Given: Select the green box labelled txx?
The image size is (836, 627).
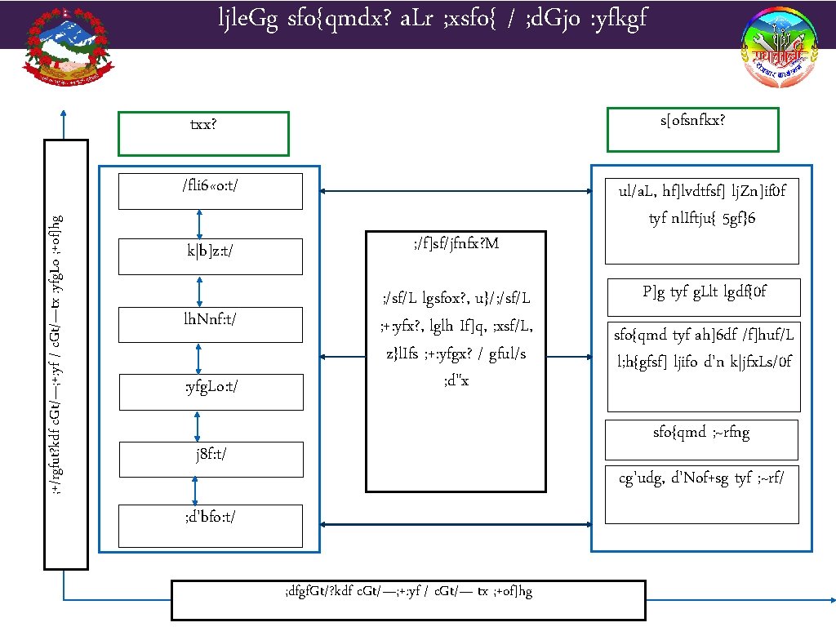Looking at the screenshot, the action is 203,133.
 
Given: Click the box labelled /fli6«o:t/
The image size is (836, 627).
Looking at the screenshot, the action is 210,191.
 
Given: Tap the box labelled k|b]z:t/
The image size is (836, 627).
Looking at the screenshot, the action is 210,256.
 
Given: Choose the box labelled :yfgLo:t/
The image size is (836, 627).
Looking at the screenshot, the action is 210,391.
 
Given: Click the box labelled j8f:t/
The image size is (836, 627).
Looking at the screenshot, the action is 210,458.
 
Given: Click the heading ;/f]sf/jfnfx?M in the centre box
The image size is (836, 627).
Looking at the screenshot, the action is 456,244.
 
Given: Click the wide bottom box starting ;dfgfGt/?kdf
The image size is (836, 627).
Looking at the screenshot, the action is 408,599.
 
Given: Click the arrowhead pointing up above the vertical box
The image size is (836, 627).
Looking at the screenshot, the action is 64,114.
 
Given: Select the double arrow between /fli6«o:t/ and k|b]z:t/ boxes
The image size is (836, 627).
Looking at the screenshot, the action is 199,223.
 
